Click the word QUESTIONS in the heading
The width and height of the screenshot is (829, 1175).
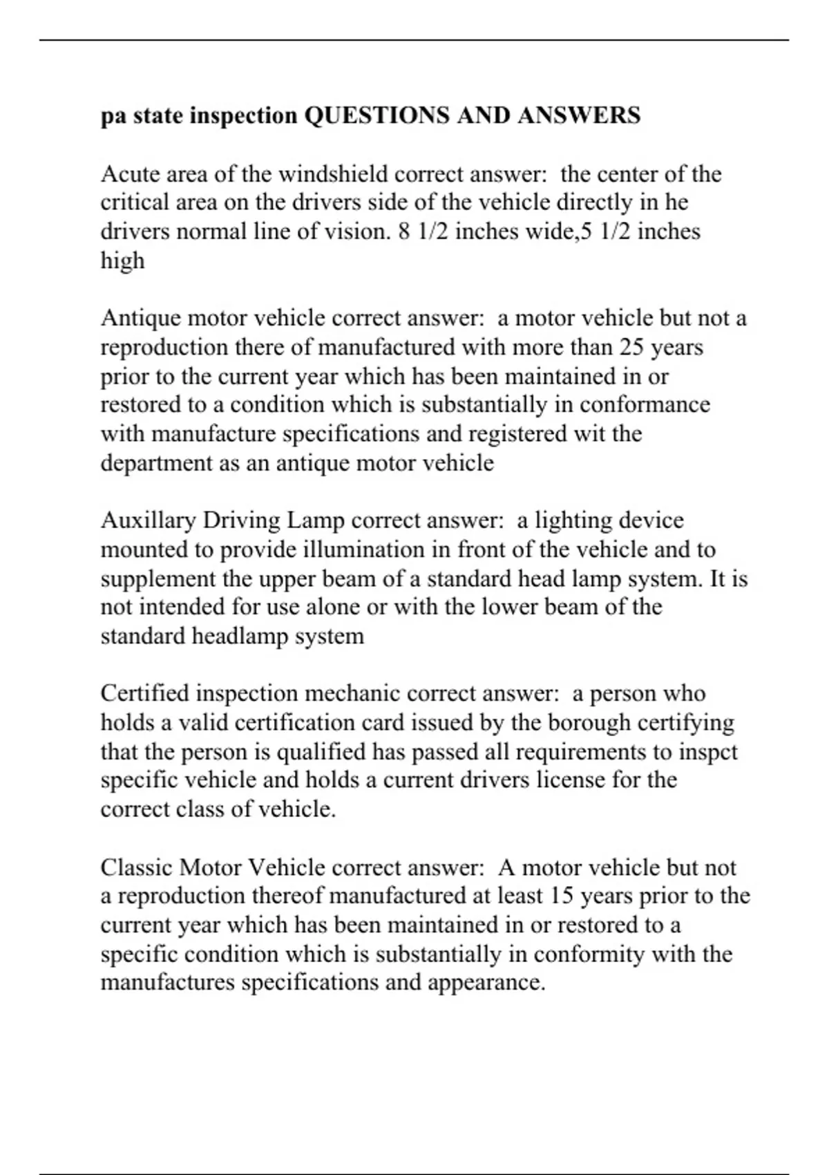pos(377,115)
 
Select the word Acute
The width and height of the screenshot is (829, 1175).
pos(131,173)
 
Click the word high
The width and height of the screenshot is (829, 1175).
pos(122,261)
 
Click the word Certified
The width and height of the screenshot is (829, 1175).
pos(144,694)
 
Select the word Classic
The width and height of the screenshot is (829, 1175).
pos(136,868)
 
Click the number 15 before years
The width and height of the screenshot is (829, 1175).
pos(562,897)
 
